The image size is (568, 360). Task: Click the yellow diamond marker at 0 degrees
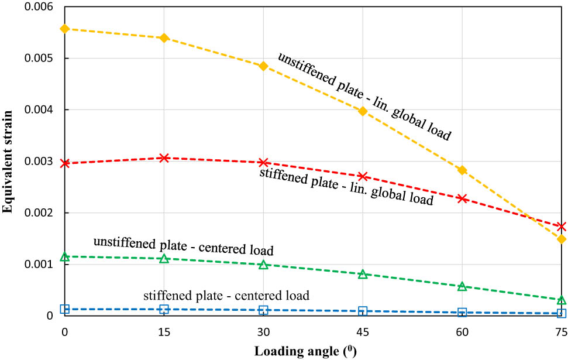tap(65, 29)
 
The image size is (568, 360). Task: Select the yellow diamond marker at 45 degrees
tap(363, 111)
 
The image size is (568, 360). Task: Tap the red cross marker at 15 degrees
tap(164, 158)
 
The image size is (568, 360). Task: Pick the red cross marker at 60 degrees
tap(462, 198)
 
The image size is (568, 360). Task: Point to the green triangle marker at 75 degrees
tap(562, 300)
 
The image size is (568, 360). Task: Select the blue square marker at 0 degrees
tap(65, 309)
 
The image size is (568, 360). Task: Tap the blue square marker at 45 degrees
tap(363, 311)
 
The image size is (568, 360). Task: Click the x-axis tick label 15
tap(164, 332)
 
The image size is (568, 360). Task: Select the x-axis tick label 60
tap(462, 332)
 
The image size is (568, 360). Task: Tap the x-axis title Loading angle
tap(305, 351)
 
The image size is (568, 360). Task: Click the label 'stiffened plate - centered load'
tap(226, 295)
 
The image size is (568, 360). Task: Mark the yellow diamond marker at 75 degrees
tap(562, 239)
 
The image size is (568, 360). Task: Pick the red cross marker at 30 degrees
tap(263, 162)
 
